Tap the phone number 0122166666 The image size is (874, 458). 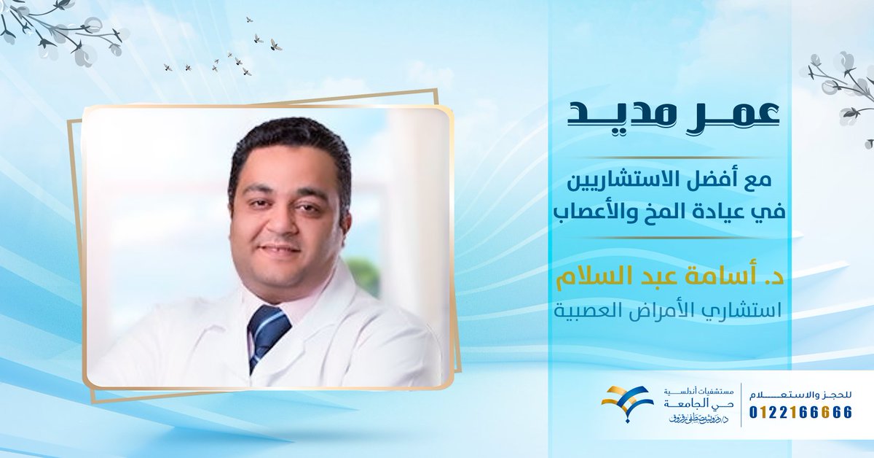800,413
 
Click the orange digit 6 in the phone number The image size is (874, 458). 822,413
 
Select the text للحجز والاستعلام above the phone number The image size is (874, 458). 800,394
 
